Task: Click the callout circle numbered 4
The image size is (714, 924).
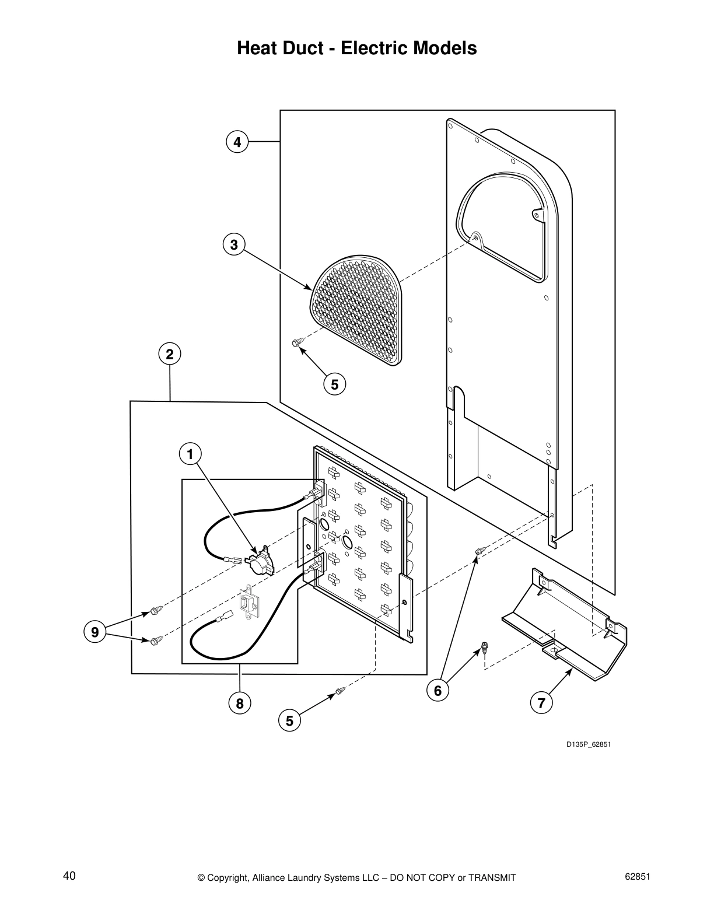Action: (237, 142)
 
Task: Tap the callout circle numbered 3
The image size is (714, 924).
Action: (234, 245)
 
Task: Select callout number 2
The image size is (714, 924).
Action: (169, 354)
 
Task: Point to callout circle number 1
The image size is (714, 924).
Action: (190, 454)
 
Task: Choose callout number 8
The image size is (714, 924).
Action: (240, 703)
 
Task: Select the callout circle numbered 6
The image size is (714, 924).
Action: (438, 691)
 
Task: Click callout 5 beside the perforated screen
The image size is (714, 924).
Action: (334, 385)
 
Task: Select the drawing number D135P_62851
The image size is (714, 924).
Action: (588, 744)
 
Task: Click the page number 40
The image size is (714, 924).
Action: (69, 876)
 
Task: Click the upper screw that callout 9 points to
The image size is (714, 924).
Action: (155, 610)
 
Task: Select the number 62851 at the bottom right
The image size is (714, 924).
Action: (637, 877)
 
